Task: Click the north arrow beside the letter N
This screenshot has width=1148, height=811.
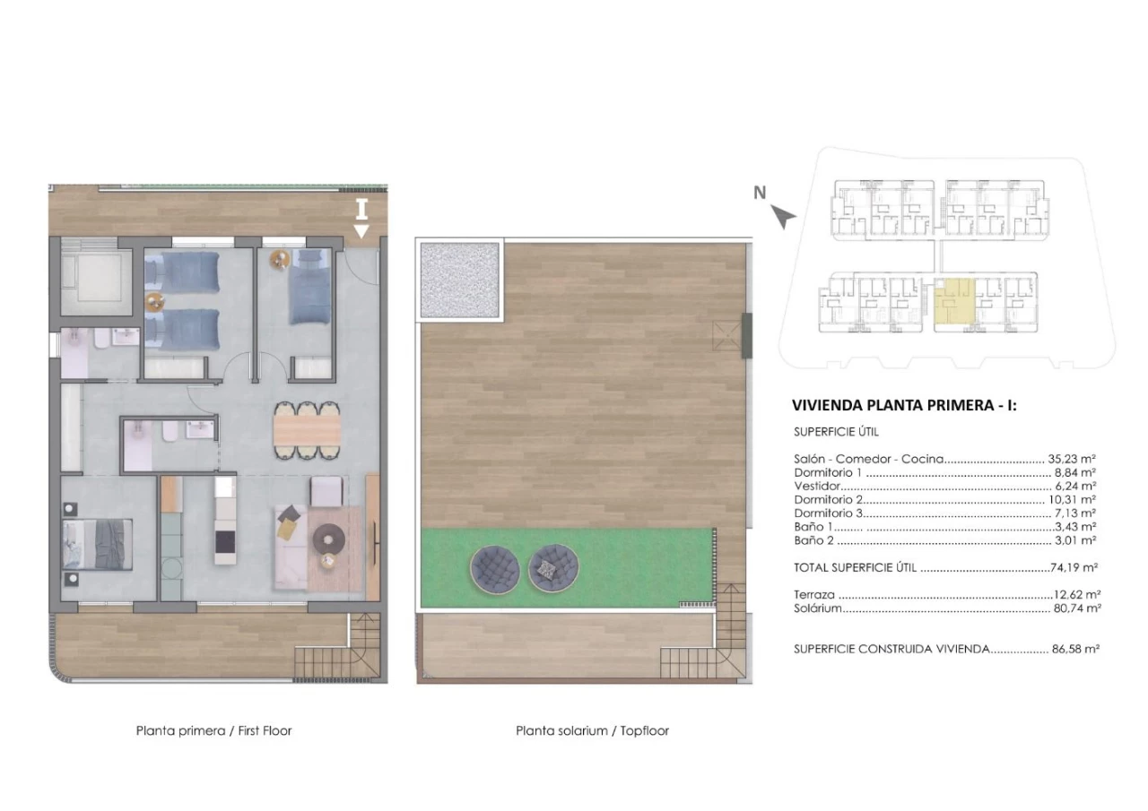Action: [783, 217]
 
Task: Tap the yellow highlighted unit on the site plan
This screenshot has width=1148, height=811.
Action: [953, 303]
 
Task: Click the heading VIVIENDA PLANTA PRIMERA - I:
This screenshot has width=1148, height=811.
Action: [904, 405]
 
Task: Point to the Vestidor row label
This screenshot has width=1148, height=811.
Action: [817, 486]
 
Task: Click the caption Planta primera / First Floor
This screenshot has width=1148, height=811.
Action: [213, 730]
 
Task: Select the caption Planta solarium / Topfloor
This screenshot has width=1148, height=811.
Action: [592, 730]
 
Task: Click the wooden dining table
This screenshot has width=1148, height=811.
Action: [307, 430]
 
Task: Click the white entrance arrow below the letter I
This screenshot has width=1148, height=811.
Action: [361, 231]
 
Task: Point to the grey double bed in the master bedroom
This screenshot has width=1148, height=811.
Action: [98, 545]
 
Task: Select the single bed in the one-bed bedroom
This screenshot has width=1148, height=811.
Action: [309, 287]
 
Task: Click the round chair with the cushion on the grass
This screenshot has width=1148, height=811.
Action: [553, 568]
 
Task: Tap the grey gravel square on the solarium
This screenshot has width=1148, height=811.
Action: [459, 280]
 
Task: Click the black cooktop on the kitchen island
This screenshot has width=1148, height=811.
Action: [225, 541]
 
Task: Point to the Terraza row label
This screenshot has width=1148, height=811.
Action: [813, 595]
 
